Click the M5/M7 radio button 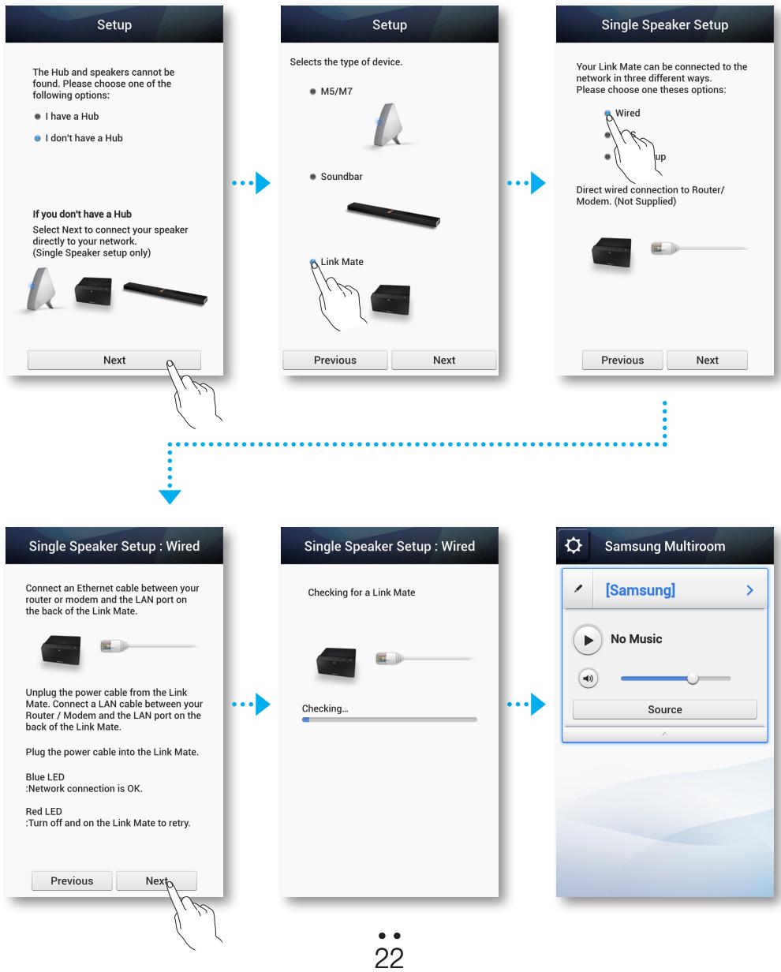coord(313,93)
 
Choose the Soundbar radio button coord(313,177)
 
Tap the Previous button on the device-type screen coord(335,360)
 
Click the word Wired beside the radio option coord(628,113)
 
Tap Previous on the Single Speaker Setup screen coord(622,360)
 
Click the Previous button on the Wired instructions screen coord(72,880)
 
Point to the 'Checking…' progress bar coord(390,720)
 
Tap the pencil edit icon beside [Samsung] coord(580,589)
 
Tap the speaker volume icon coord(586,679)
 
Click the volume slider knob coord(693,679)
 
